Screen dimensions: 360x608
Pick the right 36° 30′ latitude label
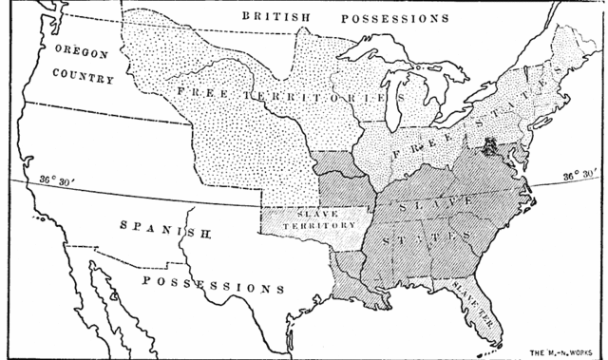(x=579, y=177)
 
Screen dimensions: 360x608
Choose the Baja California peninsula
(x=109, y=304)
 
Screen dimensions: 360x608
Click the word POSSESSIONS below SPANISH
(x=214, y=286)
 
